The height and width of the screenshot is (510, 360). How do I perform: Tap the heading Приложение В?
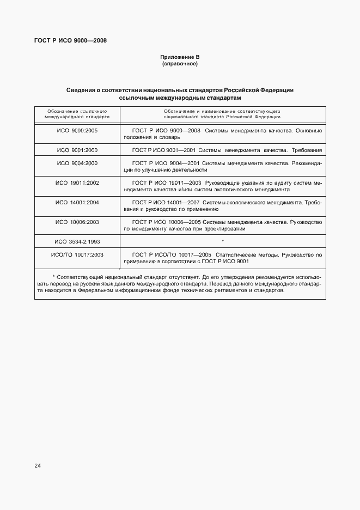pos(180,57)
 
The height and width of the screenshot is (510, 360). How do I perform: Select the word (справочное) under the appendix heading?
pos(180,64)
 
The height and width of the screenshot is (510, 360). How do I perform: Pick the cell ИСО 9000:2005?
pos(77,131)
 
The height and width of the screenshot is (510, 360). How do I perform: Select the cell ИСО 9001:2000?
pos(77,150)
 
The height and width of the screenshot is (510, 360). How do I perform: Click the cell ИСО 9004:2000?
pos(77,163)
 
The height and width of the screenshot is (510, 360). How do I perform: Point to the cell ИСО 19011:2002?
pos(77,183)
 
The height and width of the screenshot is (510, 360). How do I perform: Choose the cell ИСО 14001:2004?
pos(77,202)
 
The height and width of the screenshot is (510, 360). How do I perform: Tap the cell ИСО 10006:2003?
pos(77,222)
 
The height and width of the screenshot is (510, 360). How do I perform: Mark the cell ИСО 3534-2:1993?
pos(77,241)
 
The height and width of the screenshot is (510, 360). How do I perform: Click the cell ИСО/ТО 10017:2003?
pos(77,254)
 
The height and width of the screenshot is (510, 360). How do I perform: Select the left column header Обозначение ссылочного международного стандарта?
pos(77,113)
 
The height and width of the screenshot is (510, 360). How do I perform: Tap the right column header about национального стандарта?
pos(222,113)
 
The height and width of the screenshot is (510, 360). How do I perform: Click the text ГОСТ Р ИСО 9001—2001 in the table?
pos(164,150)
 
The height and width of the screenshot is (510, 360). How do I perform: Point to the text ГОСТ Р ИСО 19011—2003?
pos(167,183)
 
